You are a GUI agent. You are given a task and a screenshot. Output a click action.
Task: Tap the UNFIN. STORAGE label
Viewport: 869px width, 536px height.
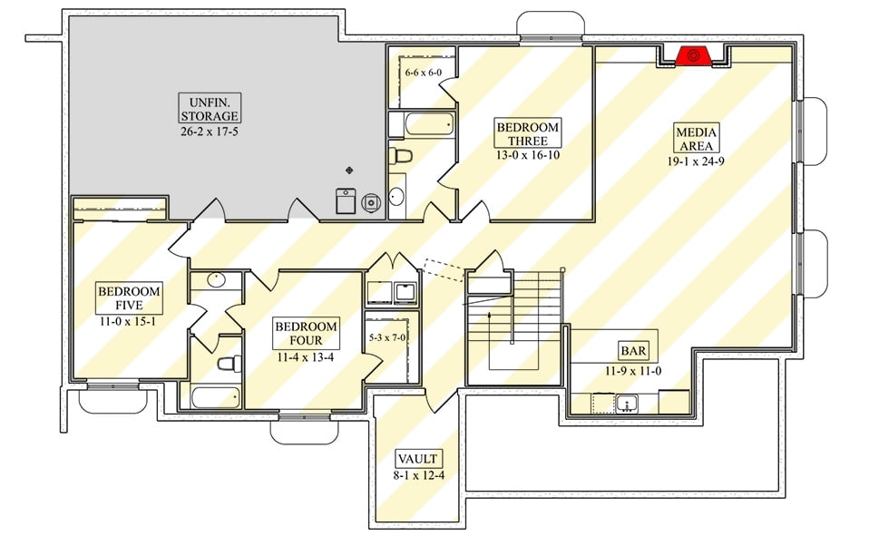pos(209,109)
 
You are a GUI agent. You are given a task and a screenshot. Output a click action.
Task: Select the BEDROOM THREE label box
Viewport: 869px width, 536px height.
pos(527,133)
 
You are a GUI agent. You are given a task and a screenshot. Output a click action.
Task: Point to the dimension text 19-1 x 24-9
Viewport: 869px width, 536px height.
pos(697,161)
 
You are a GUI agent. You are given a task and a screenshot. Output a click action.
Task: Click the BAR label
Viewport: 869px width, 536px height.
pos(633,350)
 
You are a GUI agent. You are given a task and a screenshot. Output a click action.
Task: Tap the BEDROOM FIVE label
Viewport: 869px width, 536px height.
pos(130,298)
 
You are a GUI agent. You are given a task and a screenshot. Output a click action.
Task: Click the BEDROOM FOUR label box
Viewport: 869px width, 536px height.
pos(306,333)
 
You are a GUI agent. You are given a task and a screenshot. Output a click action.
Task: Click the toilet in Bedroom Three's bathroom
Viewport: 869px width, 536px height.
pos(400,156)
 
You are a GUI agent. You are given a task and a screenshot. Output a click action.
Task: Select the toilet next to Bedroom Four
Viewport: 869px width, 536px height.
pos(229,363)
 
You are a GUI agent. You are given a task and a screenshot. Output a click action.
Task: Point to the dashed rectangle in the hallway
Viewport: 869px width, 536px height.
pos(443,270)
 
